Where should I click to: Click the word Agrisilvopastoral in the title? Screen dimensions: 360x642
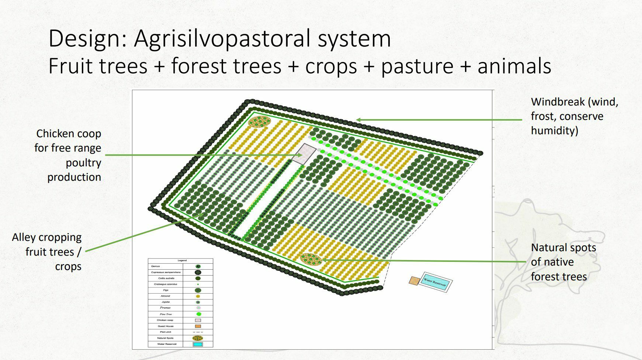click(x=262, y=39)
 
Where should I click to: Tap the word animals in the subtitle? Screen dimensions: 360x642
click(x=514, y=67)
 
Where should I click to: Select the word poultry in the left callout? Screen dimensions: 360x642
click(x=83, y=163)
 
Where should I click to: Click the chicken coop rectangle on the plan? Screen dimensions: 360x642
click(x=304, y=154)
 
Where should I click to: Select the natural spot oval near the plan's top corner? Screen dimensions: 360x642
click(x=259, y=121)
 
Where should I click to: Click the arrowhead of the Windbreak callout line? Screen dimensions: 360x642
click(x=358, y=120)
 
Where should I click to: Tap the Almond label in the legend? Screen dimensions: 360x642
click(x=166, y=296)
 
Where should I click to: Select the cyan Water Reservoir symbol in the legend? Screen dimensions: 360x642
click(x=198, y=344)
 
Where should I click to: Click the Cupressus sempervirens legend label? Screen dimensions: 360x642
click(x=166, y=272)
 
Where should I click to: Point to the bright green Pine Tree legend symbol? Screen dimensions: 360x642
click(x=198, y=314)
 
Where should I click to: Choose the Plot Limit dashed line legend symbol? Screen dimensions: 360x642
click(x=198, y=332)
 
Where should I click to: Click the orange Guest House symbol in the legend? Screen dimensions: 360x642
click(x=198, y=326)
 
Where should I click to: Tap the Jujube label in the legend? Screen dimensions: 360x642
click(x=166, y=302)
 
